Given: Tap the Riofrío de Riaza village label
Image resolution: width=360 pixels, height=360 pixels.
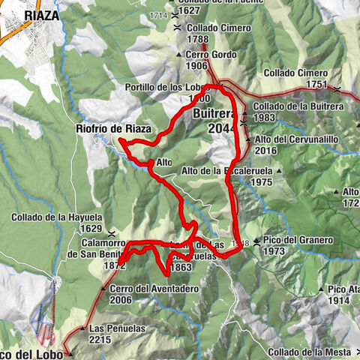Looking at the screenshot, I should tap(114, 129).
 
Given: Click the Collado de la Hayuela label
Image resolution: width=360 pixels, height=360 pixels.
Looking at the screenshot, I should tap(56, 217).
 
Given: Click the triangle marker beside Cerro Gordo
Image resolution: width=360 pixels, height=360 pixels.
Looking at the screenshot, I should tap(178, 55).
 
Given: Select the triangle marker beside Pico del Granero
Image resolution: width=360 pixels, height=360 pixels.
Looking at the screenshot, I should tap(256, 241).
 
